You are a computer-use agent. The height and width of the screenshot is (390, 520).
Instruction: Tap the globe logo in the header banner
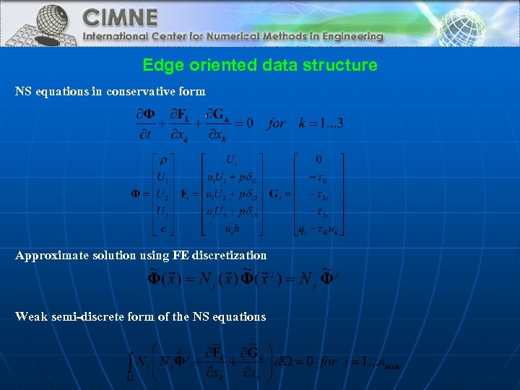(x=43, y=23)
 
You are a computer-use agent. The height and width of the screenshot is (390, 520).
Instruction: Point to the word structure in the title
(x=344, y=65)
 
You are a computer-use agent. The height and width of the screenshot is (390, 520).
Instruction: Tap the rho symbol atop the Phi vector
(x=163, y=160)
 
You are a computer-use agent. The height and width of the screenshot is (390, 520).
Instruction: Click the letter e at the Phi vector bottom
(x=163, y=230)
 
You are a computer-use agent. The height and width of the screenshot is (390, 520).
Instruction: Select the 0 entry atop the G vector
(x=318, y=160)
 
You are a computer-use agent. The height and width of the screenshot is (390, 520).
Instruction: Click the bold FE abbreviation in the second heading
(x=180, y=256)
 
